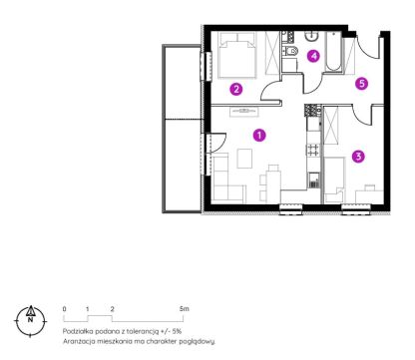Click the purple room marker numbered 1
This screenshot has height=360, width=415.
click(259, 136)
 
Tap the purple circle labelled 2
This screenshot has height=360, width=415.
click(236, 89)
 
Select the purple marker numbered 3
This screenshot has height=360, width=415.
click(358, 157)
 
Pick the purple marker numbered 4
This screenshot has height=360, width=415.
click(313, 56)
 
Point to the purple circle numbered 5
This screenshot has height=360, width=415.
click(362, 83)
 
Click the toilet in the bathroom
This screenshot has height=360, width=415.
click(290, 51)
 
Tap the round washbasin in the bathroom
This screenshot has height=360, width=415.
click(312, 36)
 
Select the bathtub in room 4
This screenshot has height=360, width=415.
click(333, 52)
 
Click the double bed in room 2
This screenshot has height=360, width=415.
click(237, 55)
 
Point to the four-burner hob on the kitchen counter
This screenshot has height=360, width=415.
click(314, 150)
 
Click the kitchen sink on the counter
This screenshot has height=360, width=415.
click(314, 180)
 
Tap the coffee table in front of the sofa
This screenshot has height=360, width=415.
click(244, 159)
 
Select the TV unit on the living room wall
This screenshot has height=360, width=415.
click(244, 112)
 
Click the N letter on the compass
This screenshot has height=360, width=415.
click(30, 320)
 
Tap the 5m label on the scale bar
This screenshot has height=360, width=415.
click(185, 309)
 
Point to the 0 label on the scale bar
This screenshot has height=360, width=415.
click(64, 309)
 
